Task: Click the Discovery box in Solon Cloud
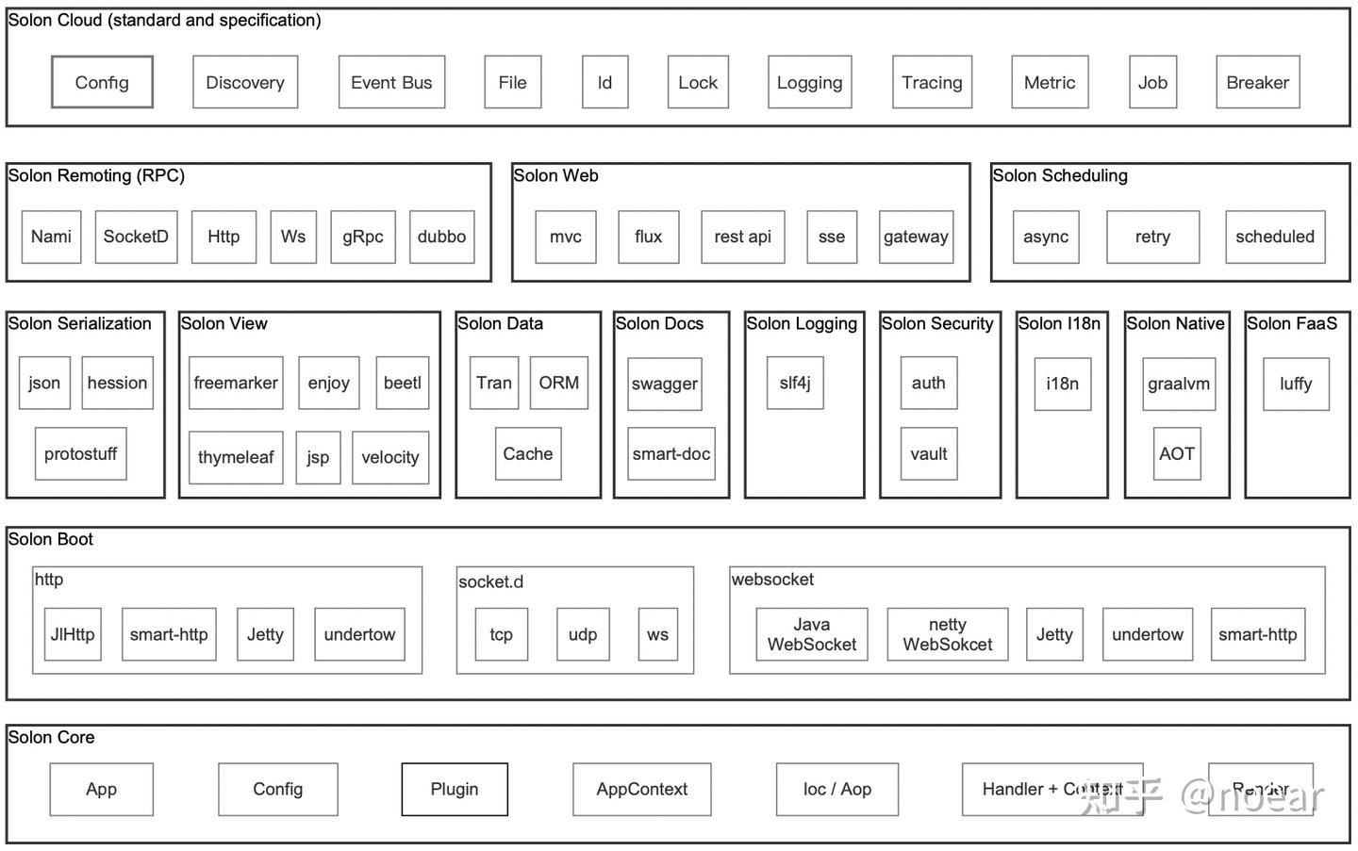click(x=245, y=82)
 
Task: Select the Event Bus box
click(x=391, y=82)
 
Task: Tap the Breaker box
click(x=1257, y=82)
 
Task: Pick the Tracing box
click(x=932, y=82)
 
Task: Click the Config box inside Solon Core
click(x=277, y=789)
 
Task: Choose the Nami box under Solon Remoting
click(x=51, y=237)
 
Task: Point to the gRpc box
click(x=363, y=237)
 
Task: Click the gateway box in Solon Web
click(x=916, y=237)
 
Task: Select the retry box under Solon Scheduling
click(x=1152, y=237)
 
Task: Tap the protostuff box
click(x=80, y=453)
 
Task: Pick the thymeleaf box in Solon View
click(x=236, y=457)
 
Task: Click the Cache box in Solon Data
click(x=527, y=453)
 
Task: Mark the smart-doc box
click(x=671, y=453)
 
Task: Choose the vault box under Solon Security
click(x=928, y=453)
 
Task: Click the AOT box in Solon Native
click(x=1177, y=453)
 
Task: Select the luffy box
click(x=1296, y=384)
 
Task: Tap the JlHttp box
click(x=73, y=634)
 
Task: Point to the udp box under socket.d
click(x=583, y=634)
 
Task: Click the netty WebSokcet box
click(x=947, y=634)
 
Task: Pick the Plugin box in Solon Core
click(x=455, y=789)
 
